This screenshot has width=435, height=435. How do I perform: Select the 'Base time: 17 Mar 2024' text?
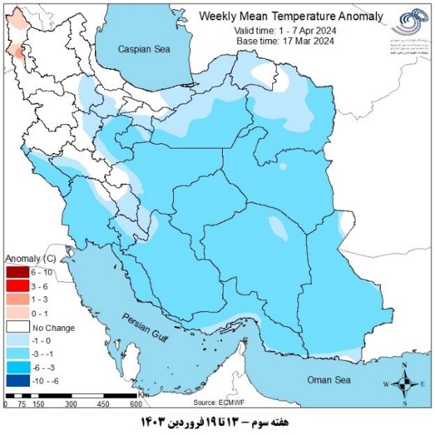click(286, 40)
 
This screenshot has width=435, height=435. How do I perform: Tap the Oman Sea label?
click(331, 379)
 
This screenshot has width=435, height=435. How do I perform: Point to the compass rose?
click(404, 383)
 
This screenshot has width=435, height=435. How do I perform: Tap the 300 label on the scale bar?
click(70, 404)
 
